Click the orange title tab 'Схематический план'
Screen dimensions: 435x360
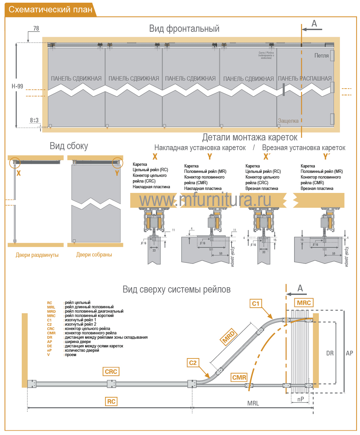(50, 9)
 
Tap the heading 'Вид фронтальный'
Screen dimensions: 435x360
(184, 29)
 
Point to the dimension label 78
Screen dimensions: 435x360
(36, 28)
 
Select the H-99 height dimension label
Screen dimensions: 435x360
(17, 86)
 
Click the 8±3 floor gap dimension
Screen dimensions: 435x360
(34, 120)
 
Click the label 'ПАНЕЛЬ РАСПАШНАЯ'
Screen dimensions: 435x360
(304, 79)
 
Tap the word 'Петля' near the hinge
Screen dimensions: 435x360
(321, 56)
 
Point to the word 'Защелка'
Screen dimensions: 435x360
(288, 121)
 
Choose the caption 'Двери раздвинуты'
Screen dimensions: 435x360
(37, 255)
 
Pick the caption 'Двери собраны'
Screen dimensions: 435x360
(94, 255)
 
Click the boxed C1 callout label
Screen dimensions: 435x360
(256, 303)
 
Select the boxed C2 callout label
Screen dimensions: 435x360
(193, 363)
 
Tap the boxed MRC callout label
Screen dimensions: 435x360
(304, 303)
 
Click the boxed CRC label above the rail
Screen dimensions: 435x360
(111, 371)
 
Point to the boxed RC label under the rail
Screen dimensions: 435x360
(111, 402)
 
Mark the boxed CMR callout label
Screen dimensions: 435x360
(239, 377)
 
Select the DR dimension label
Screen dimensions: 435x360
(330, 353)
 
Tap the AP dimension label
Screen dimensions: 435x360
(349, 353)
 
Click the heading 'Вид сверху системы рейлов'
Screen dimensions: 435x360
(176, 289)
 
